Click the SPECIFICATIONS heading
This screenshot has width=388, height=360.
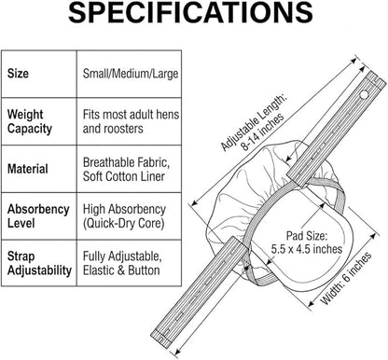[190, 12]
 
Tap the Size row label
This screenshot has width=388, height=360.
[18, 74]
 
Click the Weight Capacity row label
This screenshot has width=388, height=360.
[30, 121]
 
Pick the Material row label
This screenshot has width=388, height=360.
[28, 169]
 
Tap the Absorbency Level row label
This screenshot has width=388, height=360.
[38, 216]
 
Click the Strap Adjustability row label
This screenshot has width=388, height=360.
[39, 263]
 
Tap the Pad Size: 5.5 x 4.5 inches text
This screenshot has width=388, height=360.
[307, 242]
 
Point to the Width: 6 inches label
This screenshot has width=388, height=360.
[346, 279]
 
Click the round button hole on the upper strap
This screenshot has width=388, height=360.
[364, 94]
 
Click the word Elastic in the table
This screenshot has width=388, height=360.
[98, 270]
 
